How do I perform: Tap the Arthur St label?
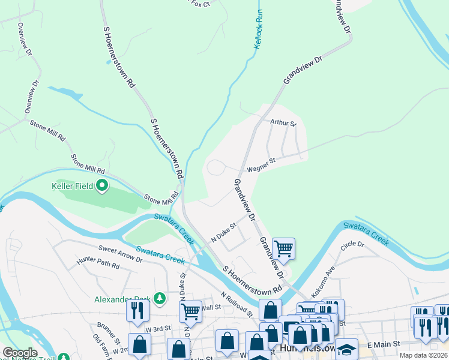coord(283,123)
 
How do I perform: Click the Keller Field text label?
coord(76,186)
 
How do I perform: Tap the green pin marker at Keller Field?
coord(101,186)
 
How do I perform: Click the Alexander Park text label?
coord(122,298)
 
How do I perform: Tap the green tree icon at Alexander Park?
coord(159,298)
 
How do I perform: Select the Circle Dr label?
coord(352,245)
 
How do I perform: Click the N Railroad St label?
coord(237,304)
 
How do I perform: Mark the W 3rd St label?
coord(158,329)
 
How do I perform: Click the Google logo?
coord(20,353)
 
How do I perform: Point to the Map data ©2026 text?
coord(423,355)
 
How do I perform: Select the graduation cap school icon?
coord(346,349)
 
